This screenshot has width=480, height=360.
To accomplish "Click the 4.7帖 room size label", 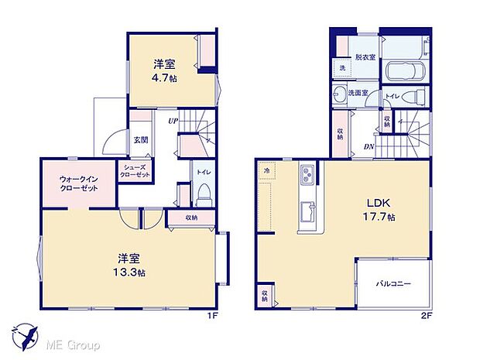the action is tap(164, 78).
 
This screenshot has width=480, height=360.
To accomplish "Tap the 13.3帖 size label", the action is tap(129, 273).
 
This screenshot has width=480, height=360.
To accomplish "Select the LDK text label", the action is tap(379, 203).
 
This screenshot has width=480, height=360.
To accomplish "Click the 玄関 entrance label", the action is tap(141, 140).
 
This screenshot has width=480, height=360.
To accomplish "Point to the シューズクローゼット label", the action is tap(135, 171).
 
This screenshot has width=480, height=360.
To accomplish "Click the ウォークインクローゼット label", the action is tap(79, 183).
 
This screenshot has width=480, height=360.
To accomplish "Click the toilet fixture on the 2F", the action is tap(413, 97).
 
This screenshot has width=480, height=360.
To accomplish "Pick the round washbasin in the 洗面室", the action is tap(339, 93).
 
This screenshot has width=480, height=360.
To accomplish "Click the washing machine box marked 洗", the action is tap(342, 68).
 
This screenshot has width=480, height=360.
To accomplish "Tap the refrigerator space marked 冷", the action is tap(266, 171).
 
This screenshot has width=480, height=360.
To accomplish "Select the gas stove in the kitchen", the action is tap(307, 174).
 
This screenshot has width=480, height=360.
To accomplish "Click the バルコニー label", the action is tap(393, 284).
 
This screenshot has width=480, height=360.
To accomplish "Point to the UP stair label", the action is tap(173, 121).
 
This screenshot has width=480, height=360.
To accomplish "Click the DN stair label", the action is tap(369, 146).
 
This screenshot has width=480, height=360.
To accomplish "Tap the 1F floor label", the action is tap(213, 316).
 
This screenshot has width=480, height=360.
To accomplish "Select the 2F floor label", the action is tap(426, 316).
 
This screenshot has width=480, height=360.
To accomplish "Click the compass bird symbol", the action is tap(25, 336).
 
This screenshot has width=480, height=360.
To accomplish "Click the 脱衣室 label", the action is tap(365, 57).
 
